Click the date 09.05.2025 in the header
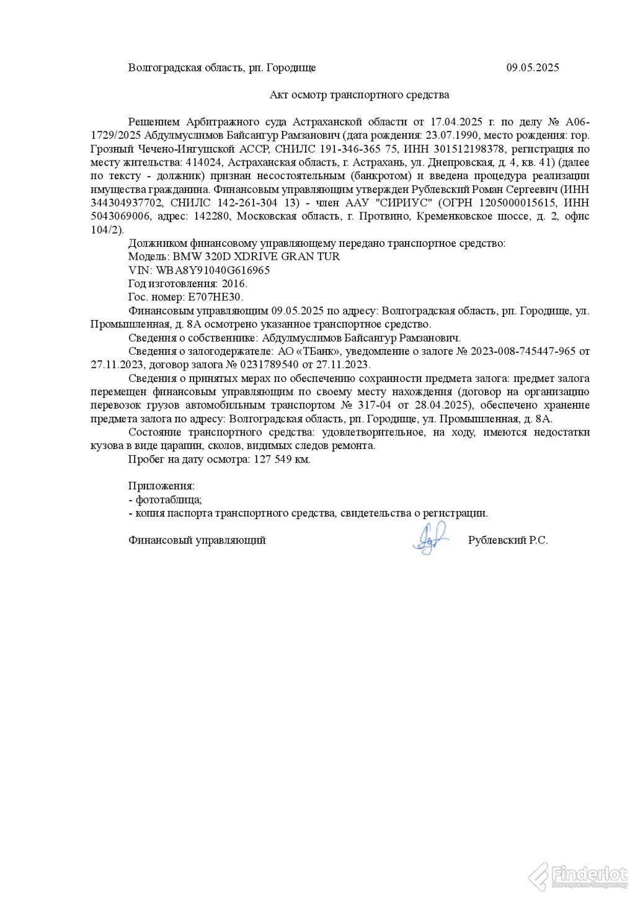point(532,68)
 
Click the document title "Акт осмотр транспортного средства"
point(359,95)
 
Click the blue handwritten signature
point(429,538)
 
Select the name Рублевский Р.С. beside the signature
point(508,540)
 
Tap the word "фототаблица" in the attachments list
point(167,500)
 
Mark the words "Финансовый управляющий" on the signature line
point(197,540)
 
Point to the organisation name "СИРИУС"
point(402,203)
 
